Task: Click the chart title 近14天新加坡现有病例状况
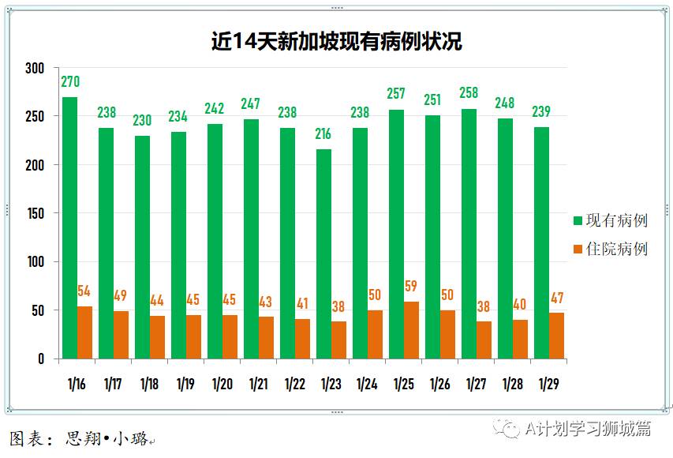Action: [336, 41]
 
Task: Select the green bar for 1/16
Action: [69, 228]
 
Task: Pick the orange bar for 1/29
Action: [557, 336]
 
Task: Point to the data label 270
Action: [70, 82]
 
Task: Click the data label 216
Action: [323, 134]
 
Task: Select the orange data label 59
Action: [411, 287]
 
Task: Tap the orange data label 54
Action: [84, 291]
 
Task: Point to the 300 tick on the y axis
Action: [34, 69]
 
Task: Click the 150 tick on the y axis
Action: [34, 214]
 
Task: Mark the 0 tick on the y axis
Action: [41, 359]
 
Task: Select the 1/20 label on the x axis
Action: [222, 385]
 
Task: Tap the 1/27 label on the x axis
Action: [476, 385]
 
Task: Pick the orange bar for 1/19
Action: [194, 337]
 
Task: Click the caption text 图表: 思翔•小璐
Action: [79, 437]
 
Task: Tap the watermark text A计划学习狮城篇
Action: [589, 429]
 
